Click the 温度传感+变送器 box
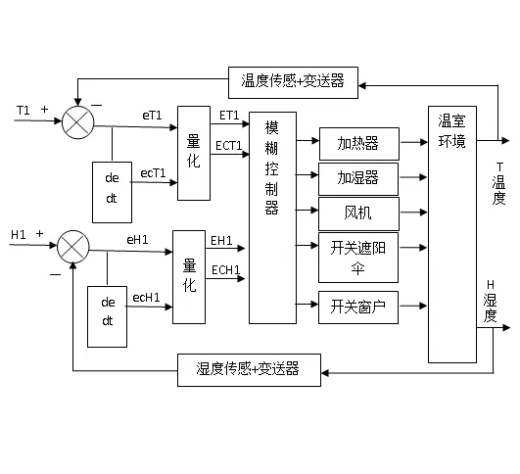pos(293,80)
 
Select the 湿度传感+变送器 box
pos(249,369)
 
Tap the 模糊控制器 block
pos(271,217)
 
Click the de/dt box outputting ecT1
pos(111,184)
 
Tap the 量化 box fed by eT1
pos(194,152)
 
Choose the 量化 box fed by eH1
pos(190,275)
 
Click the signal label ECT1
pos(229,145)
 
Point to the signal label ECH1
pos(221,269)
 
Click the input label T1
pos(24,110)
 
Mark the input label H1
pos(18,234)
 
